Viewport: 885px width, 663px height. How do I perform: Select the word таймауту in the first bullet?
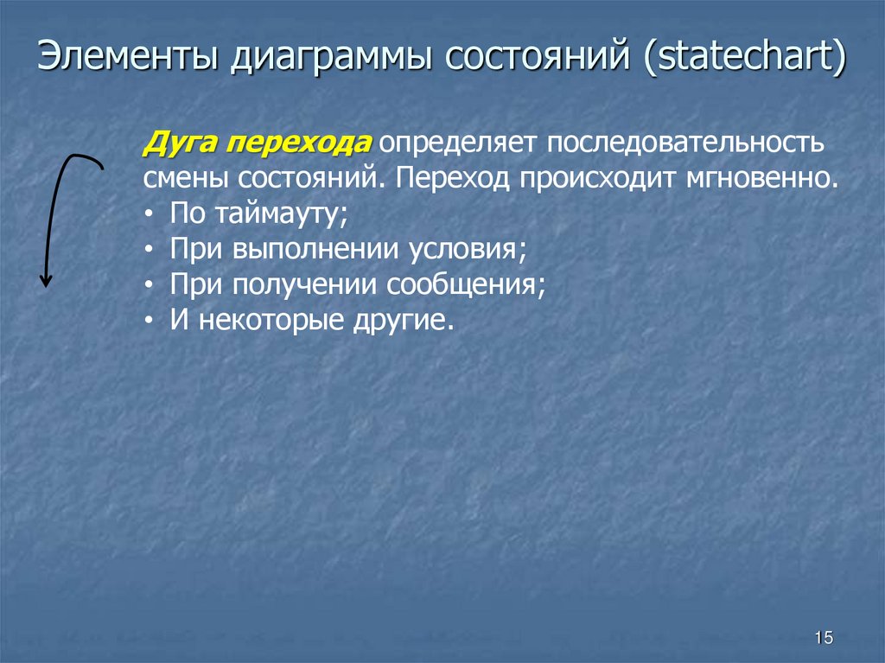[273, 214]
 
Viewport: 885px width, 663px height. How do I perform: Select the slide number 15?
[823, 638]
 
